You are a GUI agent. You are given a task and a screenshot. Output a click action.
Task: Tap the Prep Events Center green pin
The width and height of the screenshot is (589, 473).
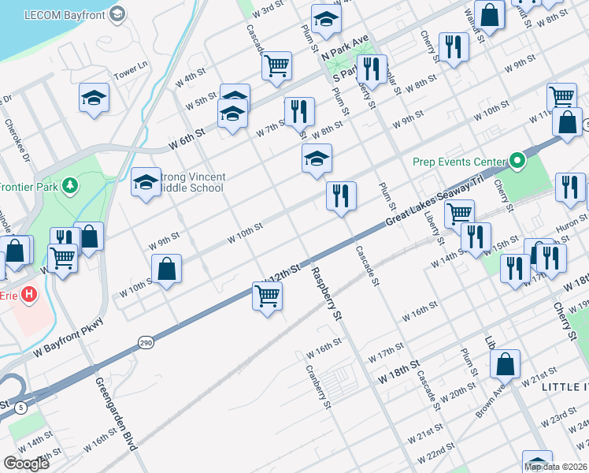pos(517,162)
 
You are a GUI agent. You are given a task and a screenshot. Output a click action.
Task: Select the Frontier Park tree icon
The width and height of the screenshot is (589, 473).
pos(72,185)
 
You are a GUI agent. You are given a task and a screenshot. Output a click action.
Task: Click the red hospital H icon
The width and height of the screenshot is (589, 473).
pos(29,295)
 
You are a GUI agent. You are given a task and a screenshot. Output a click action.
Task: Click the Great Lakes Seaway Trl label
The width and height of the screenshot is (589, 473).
pos(433,203)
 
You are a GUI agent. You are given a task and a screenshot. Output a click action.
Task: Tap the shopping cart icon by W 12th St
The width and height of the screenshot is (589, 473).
pos(268,297)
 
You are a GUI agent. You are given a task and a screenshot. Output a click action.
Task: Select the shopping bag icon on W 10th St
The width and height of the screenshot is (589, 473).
pos(167,269)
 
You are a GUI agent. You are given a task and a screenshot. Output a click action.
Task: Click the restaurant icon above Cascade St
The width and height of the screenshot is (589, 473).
pos(341,196)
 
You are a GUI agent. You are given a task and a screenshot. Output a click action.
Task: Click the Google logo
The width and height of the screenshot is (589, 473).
pos(26,464)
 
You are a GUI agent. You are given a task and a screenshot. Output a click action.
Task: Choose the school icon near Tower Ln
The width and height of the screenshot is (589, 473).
pos(94,99)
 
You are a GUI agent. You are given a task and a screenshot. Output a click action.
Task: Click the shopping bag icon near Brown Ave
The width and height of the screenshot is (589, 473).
pos(505,364)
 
